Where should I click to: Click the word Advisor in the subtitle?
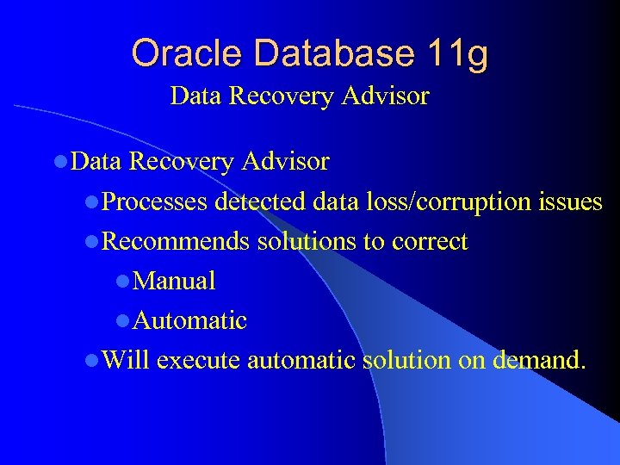click(389, 96)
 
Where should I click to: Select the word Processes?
click(155, 202)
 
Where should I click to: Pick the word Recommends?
click(176, 242)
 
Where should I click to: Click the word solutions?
click(307, 242)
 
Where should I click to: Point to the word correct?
click(429, 242)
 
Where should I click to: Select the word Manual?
click(175, 281)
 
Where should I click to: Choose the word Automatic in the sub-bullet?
click(190, 320)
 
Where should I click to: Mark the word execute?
click(200, 360)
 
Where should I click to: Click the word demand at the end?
click(539, 360)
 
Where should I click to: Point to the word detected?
click(259, 202)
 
